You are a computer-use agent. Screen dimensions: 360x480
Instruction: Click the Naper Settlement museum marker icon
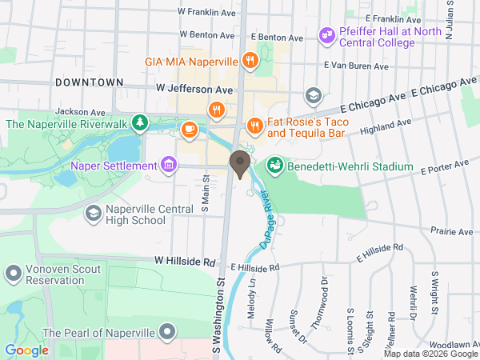click(169, 166)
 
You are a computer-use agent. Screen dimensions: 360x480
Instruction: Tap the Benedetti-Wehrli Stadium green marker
click(275, 166)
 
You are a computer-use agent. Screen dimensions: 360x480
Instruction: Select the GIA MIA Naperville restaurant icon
click(250, 61)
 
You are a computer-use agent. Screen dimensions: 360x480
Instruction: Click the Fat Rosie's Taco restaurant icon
click(254, 125)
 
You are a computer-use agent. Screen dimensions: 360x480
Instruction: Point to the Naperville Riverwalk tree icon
click(141, 122)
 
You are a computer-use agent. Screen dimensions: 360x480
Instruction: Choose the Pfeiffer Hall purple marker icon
click(326, 35)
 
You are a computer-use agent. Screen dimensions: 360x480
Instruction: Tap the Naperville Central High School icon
click(94, 213)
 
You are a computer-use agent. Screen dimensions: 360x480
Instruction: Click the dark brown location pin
click(238, 164)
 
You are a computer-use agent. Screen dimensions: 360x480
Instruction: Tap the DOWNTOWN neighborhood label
click(90, 82)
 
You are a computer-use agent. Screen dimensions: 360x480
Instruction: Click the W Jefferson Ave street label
click(194, 89)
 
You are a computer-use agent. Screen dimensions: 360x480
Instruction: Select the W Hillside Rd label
click(186, 262)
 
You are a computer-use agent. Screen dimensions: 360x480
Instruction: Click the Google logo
click(26, 350)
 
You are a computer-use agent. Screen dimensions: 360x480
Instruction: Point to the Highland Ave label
click(386, 125)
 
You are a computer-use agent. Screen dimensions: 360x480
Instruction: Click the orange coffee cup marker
click(190, 127)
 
